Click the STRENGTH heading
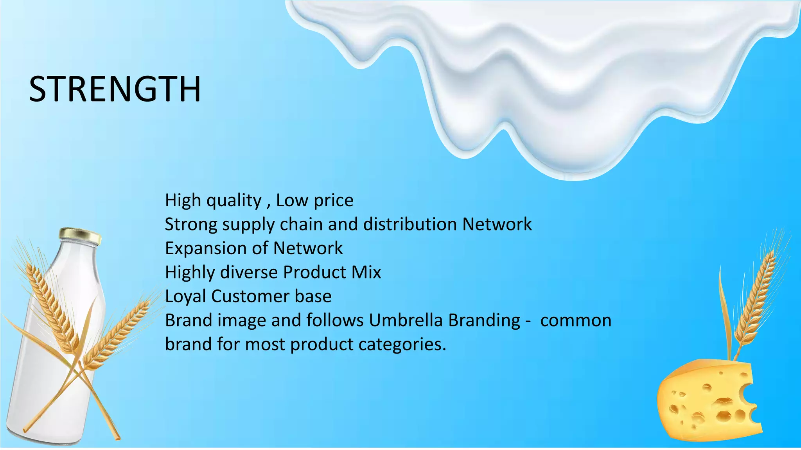(115, 89)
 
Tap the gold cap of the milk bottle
(80, 236)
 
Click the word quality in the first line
(234, 201)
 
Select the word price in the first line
(334, 201)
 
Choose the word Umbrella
(406, 320)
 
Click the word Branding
(484, 321)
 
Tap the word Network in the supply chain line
(497, 225)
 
